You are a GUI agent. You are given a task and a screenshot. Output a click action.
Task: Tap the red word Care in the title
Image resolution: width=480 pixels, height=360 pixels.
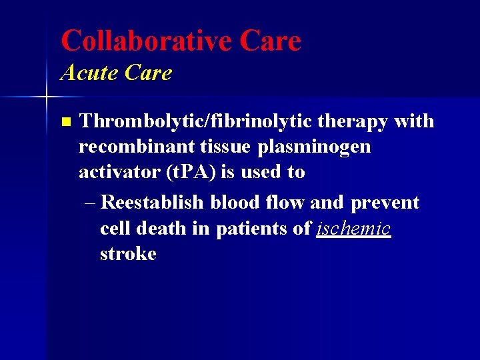(270, 41)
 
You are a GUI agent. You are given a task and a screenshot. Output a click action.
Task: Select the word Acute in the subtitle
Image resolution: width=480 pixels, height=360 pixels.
(88, 73)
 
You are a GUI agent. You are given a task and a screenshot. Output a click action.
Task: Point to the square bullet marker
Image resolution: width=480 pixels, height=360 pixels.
(65, 122)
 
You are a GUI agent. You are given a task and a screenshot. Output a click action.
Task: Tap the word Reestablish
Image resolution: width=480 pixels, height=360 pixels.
(154, 203)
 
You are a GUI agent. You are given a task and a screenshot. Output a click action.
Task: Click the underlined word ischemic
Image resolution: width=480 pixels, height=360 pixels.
(353, 229)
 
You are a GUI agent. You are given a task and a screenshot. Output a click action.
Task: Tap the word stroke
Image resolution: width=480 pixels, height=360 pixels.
(128, 254)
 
